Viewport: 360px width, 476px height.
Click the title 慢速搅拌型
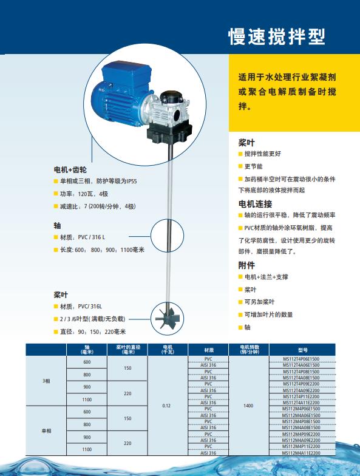(276, 36)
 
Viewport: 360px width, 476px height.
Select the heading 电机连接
(255, 203)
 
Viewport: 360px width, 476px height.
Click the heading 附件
(246, 265)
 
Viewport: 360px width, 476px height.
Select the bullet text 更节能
(254, 166)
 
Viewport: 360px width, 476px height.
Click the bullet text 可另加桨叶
(259, 302)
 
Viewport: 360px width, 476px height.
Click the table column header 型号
(302, 350)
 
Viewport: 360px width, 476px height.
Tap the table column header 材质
(208, 350)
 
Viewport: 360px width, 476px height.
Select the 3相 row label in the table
(46, 381)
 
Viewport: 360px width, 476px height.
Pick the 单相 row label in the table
(46, 430)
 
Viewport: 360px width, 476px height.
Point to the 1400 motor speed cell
(248, 405)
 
